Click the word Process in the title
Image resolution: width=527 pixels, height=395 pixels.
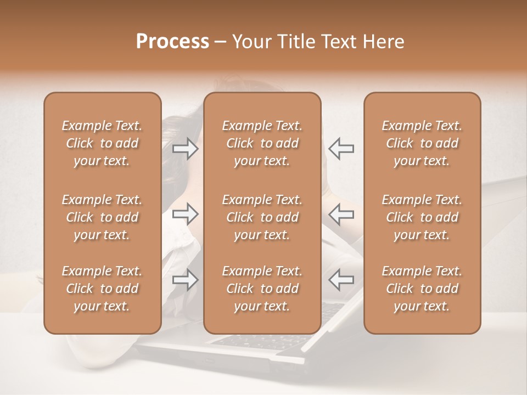(x=172, y=42)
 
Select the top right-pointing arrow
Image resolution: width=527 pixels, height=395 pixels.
(x=186, y=148)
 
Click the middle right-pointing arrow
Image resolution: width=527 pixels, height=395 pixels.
(x=186, y=214)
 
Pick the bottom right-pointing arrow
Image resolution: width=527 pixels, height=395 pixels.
(x=186, y=280)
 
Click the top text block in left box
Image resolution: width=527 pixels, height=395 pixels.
(x=102, y=143)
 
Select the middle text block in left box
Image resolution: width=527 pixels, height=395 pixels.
(x=102, y=217)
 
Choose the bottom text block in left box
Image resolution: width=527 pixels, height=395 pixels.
(x=102, y=289)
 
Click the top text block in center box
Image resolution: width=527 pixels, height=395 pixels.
(x=262, y=143)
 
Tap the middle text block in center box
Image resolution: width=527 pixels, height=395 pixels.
(x=262, y=217)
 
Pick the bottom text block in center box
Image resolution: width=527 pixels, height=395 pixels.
(x=262, y=289)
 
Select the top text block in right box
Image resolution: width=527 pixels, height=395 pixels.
(x=422, y=143)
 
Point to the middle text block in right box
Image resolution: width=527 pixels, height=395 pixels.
(x=422, y=217)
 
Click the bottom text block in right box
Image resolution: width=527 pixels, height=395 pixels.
(x=422, y=289)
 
